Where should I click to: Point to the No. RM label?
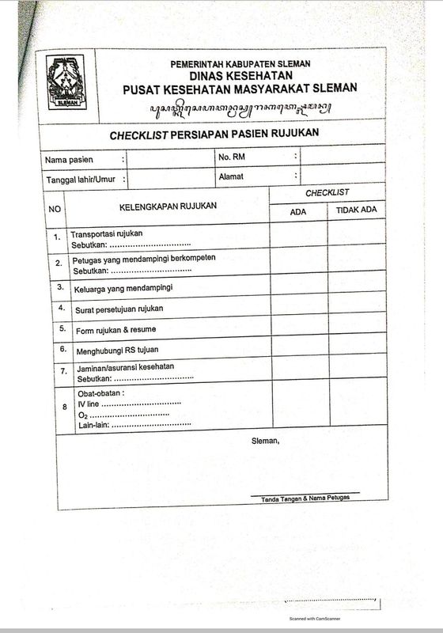(236, 157)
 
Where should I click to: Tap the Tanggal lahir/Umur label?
(81, 180)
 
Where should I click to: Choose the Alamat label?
(232, 176)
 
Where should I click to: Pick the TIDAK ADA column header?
(356, 210)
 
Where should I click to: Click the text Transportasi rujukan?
(107, 235)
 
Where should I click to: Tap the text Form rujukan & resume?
(115, 328)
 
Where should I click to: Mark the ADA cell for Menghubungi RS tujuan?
(298, 347)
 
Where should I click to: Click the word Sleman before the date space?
(264, 440)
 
